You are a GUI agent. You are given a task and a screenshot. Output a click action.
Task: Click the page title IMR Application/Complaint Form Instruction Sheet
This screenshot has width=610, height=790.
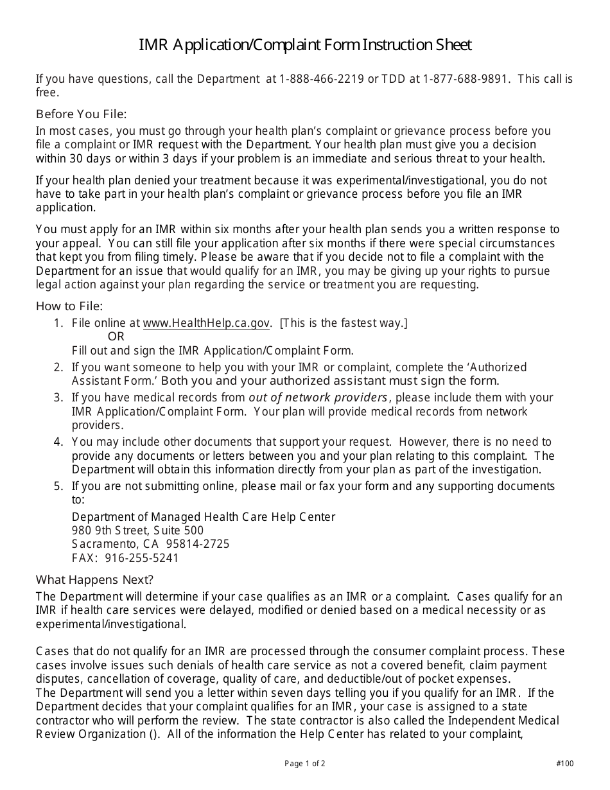(305, 45)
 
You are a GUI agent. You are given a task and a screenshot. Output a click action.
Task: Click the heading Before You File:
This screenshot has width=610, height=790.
(81, 114)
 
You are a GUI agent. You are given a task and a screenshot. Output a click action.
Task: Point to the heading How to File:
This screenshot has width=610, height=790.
(69, 306)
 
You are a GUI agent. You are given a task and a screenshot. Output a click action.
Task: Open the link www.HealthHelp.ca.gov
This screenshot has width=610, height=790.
(206, 323)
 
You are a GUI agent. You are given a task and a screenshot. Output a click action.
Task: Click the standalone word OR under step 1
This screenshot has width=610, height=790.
(116, 337)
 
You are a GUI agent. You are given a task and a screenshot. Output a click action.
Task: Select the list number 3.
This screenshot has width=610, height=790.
(58, 398)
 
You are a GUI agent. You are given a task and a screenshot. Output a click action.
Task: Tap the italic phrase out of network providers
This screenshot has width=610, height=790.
(318, 398)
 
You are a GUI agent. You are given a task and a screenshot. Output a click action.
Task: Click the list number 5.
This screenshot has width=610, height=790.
(58, 486)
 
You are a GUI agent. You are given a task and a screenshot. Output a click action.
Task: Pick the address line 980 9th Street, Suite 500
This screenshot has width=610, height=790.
(137, 531)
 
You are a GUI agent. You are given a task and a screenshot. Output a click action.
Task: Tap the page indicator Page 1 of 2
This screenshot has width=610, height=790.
(305, 764)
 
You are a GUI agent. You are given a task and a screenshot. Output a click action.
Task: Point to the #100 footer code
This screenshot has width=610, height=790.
(565, 764)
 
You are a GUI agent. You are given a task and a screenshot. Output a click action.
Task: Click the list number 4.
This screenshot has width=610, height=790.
(58, 442)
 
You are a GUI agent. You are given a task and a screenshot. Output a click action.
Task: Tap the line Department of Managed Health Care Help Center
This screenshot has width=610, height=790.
(204, 517)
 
